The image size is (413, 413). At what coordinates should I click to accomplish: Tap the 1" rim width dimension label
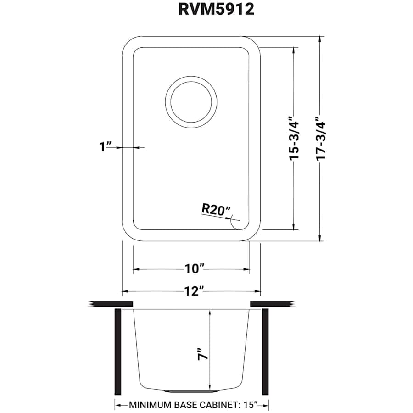point(106,147)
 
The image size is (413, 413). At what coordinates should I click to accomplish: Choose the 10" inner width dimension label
point(191,269)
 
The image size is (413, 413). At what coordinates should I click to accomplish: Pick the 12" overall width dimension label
point(191,291)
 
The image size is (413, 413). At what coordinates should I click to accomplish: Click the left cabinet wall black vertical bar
point(117,352)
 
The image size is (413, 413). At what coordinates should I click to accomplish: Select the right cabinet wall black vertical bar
point(265,352)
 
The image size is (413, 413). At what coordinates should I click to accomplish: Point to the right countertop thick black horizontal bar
point(271,304)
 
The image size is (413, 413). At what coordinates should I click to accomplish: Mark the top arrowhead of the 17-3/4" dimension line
point(320,39)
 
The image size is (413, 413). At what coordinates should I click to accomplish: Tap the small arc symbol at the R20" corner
point(236,224)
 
